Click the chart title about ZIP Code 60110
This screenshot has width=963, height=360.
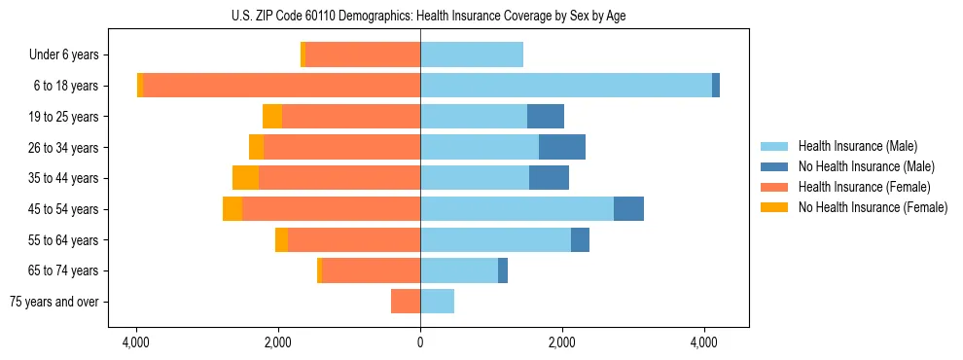tap(420, 16)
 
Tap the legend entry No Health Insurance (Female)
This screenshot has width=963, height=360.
tap(873, 207)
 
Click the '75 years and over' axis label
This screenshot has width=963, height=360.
tap(54, 302)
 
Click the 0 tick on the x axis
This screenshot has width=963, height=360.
tap(420, 342)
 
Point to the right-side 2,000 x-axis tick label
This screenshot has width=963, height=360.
tap(562, 342)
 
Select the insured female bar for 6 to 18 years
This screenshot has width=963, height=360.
tap(282, 86)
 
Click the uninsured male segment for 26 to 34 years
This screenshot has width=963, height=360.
tap(562, 147)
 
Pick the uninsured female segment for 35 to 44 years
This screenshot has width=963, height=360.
tap(245, 178)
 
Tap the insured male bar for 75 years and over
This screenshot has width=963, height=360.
tap(438, 302)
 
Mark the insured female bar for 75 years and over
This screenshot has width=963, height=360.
tap(406, 302)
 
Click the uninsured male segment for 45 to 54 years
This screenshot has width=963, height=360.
tap(628, 209)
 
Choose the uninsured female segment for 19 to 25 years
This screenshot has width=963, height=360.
tap(272, 117)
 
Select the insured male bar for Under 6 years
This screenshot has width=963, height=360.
tap(472, 55)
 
